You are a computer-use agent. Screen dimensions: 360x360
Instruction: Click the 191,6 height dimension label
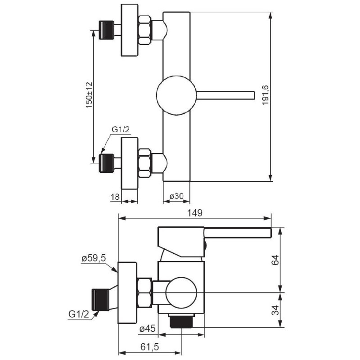click(x=265, y=95)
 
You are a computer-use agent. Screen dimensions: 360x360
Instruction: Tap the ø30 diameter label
click(x=176, y=196)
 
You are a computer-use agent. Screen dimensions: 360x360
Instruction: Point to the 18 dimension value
click(x=115, y=197)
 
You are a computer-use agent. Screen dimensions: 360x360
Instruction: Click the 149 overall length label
click(x=194, y=213)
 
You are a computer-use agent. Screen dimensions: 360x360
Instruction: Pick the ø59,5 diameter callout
click(x=94, y=258)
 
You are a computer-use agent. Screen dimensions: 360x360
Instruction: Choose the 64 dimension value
click(x=275, y=260)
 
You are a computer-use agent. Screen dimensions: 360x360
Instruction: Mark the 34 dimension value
click(x=275, y=310)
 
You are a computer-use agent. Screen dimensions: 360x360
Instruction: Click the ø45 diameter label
click(x=148, y=329)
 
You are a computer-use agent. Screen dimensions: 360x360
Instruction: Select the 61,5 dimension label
click(x=149, y=347)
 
